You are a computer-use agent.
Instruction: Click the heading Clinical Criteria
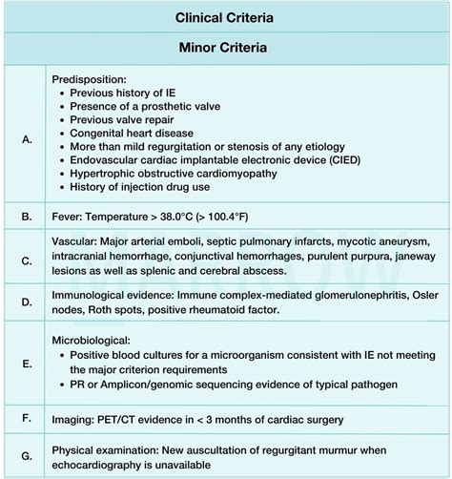[225, 17]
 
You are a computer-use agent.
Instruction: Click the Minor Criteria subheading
[225, 47]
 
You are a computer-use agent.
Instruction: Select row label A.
[27, 138]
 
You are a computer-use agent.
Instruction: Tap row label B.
[27, 216]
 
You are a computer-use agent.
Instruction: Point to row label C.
[27, 259]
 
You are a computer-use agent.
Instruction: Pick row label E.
[27, 363]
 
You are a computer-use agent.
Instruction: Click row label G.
[27, 455]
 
